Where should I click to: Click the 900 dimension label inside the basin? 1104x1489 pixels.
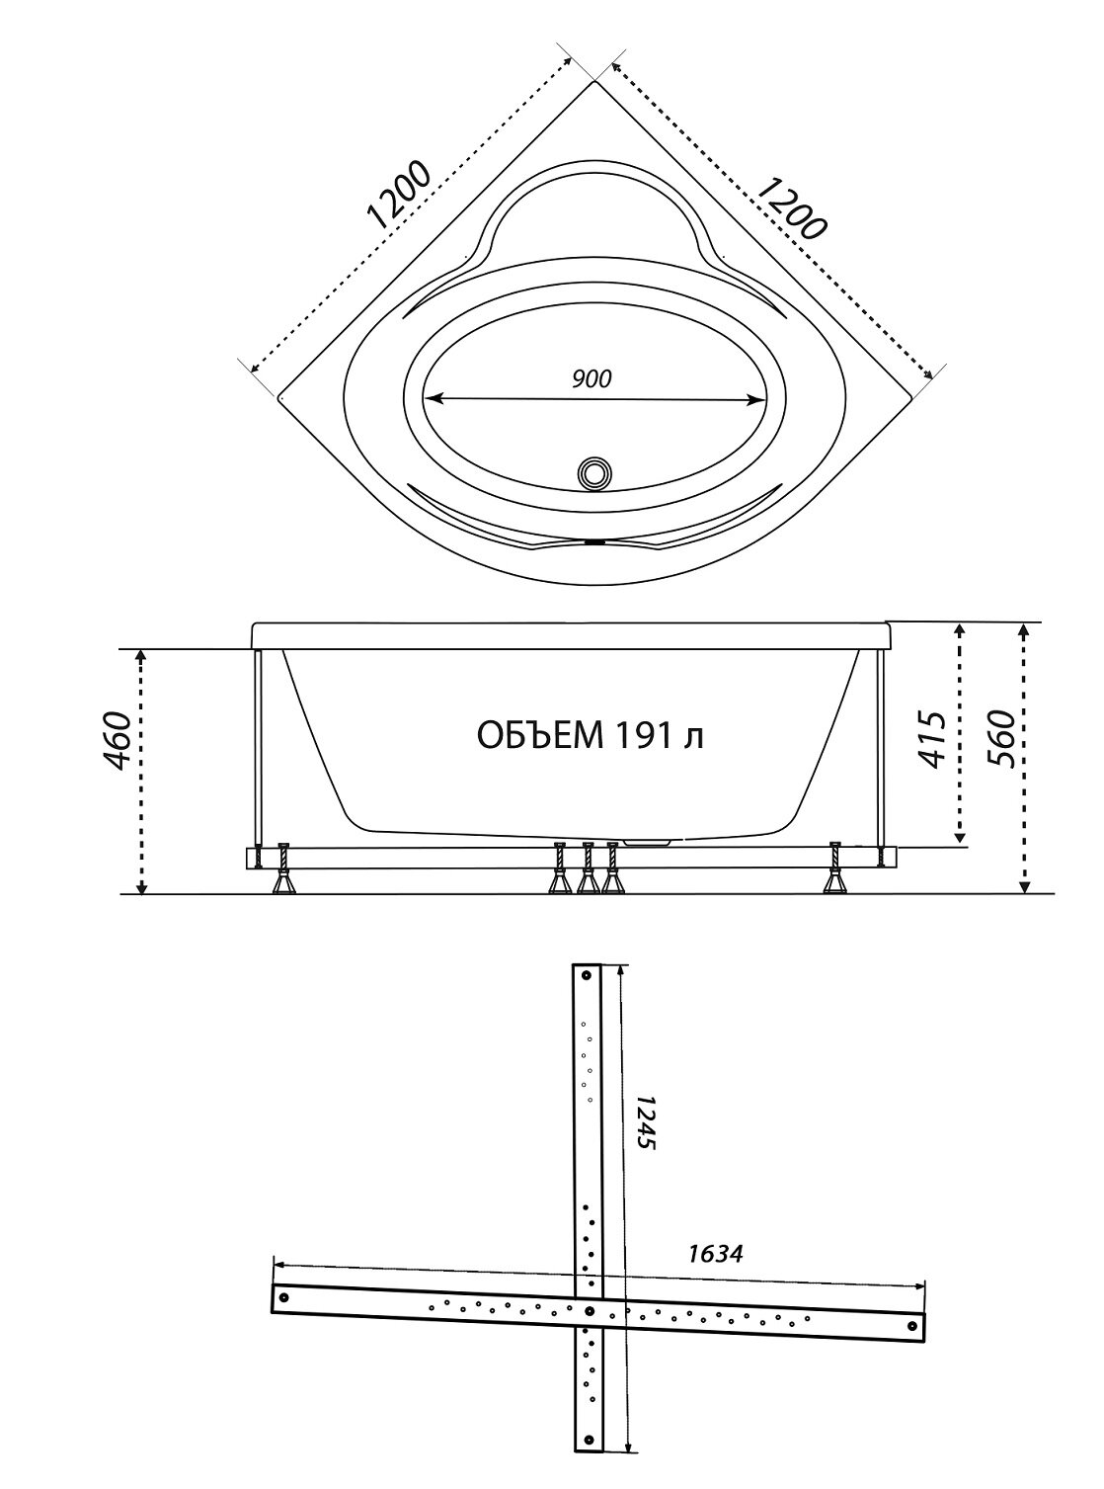coord(591,379)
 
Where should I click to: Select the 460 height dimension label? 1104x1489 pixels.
coord(118,740)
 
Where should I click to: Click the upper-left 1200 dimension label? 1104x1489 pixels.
coord(397,195)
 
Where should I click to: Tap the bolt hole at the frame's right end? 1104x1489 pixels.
coord(912,1326)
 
